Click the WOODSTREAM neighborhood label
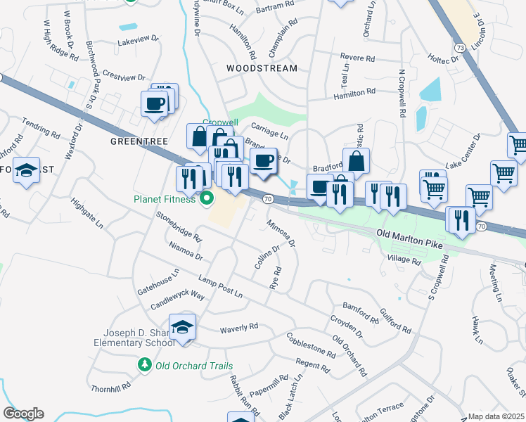pyautogui.click(x=262, y=68)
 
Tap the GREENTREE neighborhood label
pyautogui.click(x=136, y=141)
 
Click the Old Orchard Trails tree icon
pyautogui.click(x=145, y=365)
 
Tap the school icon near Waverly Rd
pyautogui.click(x=182, y=328)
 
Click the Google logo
pyautogui.click(x=23, y=414)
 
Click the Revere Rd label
pyautogui.click(x=355, y=56)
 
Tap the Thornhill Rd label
pyautogui.click(x=111, y=387)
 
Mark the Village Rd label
pyautogui.click(x=404, y=260)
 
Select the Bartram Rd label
pyautogui.click(x=275, y=6)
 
